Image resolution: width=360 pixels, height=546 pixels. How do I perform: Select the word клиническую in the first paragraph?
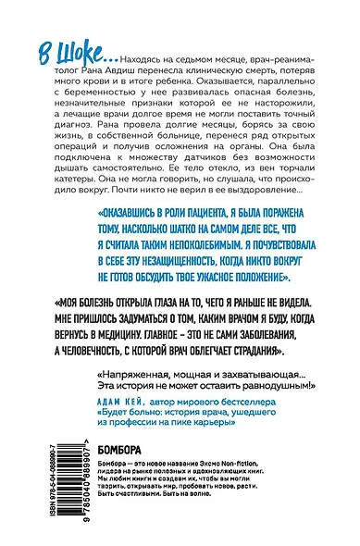(x=217, y=68)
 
